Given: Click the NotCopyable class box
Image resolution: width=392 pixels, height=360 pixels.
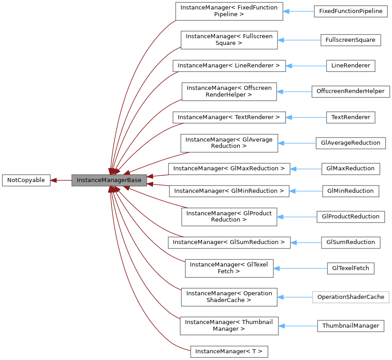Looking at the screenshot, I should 26,180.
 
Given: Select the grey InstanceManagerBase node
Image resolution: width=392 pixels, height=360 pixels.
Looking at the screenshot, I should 109,180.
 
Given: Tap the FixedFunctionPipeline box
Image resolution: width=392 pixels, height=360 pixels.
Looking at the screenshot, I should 351,11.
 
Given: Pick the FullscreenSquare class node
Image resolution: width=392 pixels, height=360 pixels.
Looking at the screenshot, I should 351,40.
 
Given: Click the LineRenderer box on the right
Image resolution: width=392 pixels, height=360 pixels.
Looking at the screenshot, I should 351,66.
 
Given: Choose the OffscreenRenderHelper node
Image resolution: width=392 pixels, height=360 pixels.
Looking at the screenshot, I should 351,91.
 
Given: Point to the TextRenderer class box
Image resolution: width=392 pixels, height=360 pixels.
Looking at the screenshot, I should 351,117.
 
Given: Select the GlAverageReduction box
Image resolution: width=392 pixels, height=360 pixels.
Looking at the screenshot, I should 351,143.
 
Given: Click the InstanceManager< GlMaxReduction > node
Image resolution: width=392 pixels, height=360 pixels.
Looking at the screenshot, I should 229,169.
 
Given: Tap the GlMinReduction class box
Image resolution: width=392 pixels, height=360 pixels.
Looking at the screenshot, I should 351,191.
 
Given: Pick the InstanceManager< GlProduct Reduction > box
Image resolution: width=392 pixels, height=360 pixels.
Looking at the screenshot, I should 229,216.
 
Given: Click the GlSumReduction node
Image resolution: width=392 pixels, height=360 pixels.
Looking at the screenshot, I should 351,242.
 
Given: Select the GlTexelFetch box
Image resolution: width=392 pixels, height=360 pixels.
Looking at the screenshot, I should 351,268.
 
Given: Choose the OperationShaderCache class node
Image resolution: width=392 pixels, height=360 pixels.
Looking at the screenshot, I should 351,297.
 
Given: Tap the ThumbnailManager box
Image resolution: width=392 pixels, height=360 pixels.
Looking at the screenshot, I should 351,325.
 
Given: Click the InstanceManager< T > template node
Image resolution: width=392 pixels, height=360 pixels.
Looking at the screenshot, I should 229,351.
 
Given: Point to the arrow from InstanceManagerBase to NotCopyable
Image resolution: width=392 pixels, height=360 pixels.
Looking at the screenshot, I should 61,180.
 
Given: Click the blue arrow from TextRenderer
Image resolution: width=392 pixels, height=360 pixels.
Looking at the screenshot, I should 306,117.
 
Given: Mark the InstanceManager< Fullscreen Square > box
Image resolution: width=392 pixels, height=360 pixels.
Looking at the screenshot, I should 229,40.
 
